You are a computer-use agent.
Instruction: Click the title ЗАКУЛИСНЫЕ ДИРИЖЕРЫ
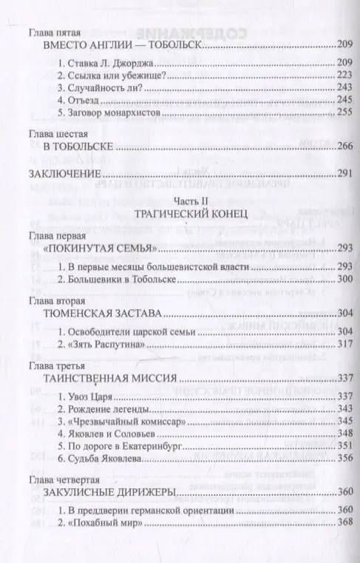click(x=102, y=491)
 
